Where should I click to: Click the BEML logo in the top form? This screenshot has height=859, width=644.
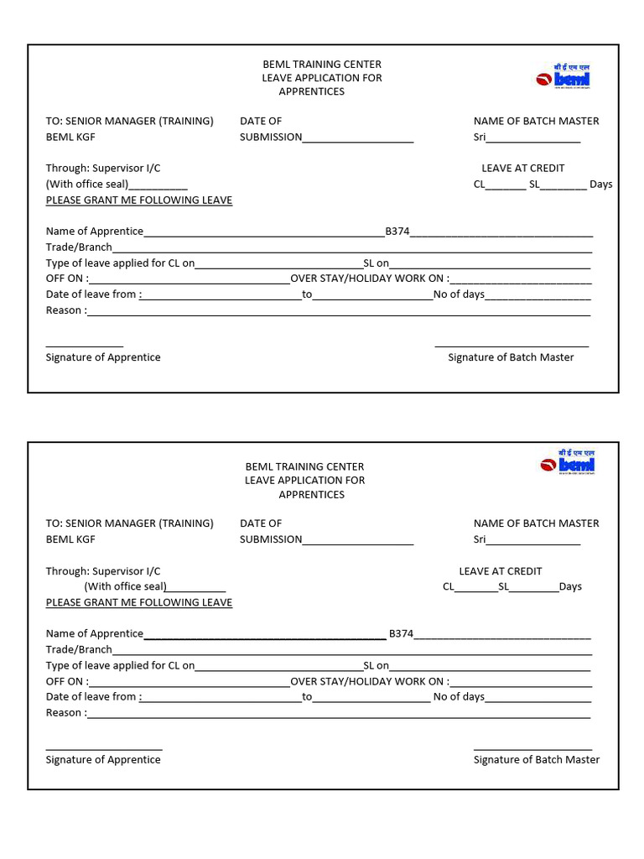tap(563, 76)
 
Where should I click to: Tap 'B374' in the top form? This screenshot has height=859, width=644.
tap(397, 232)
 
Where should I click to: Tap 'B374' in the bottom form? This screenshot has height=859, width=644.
tap(401, 634)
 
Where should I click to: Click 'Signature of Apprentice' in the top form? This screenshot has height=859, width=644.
tap(103, 357)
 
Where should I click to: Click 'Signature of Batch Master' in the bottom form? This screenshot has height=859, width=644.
tap(537, 760)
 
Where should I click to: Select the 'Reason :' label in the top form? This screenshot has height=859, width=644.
tap(65, 310)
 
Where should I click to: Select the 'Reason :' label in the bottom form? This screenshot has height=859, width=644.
tap(65, 713)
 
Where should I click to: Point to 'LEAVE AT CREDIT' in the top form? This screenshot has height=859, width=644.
tap(522, 169)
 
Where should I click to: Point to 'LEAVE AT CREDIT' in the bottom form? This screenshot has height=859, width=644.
tap(501, 571)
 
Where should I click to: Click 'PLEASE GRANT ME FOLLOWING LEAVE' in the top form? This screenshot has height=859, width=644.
tap(138, 200)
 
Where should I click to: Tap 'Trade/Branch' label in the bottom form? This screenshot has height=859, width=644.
tap(79, 650)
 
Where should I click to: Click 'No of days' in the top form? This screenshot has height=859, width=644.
tap(459, 294)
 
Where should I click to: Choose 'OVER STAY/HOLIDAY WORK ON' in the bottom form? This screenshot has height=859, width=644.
tap(369, 682)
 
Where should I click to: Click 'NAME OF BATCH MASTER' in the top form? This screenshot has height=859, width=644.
tap(536, 121)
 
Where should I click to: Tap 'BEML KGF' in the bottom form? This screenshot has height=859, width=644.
tap(70, 539)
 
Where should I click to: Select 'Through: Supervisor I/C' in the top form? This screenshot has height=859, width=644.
tap(103, 169)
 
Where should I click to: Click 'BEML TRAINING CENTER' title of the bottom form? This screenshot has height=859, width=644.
tap(304, 466)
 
